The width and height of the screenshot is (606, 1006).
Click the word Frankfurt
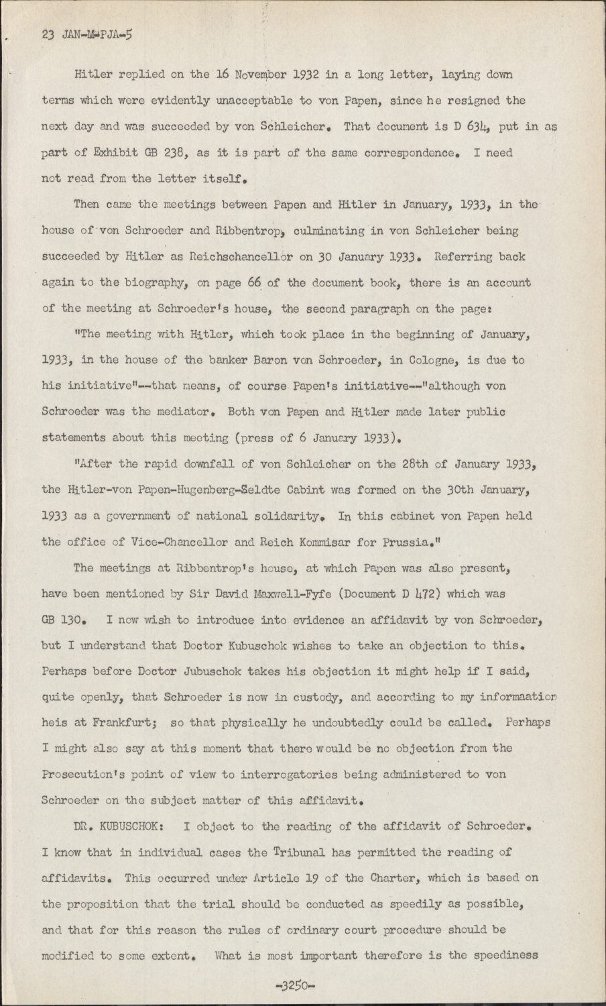pos(99,723)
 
